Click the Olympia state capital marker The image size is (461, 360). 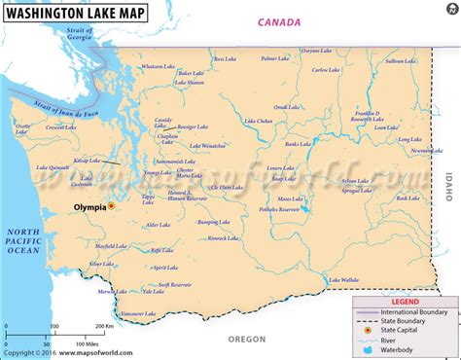click(x=112, y=206)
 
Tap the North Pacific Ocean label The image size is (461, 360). click(x=21, y=241)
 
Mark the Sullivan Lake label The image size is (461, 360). click(x=401, y=60)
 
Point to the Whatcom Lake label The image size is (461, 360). click(x=157, y=66)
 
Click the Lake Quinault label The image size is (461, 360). click(x=54, y=167)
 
